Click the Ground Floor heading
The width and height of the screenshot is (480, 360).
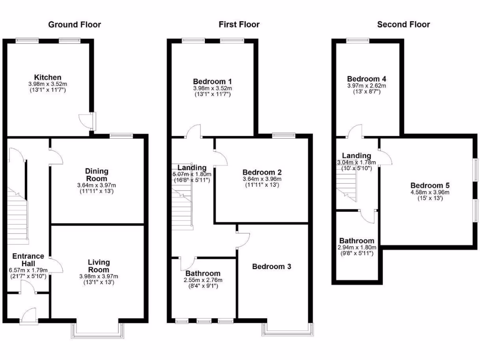(x=75, y=24)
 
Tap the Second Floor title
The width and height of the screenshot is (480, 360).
(x=403, y=24)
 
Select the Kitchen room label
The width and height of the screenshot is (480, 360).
(x=47, y=77)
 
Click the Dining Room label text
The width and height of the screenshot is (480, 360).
(x=96, y=175)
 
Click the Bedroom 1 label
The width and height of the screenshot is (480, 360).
(x=212, y=81)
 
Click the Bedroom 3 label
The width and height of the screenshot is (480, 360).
(x=271, y=267)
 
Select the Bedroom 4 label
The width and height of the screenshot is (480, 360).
(x=367, y=79)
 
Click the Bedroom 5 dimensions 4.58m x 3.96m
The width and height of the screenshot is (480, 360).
(x=430, y=192)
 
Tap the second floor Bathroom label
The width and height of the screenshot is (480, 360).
(x=357, y=240)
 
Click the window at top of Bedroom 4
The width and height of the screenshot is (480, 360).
(x=357, y=41)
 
